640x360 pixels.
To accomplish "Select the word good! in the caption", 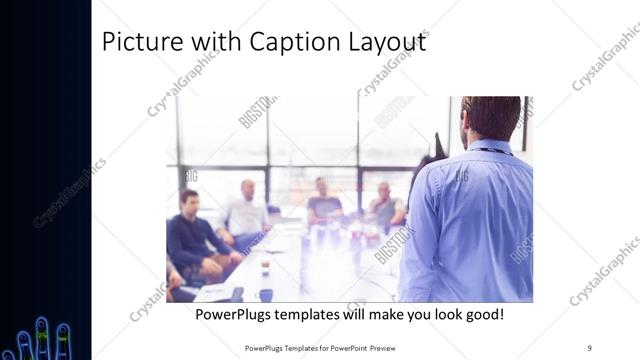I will [481, 315].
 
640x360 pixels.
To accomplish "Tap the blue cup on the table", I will [265, 295].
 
